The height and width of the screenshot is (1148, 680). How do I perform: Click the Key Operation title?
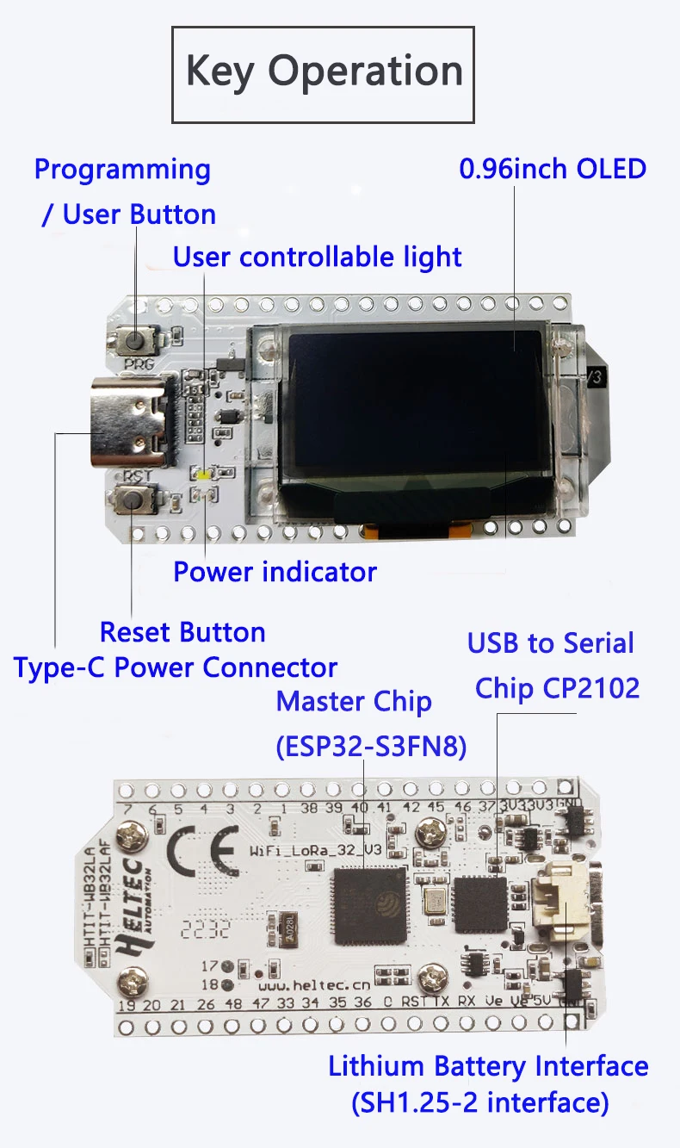[x=324, y=72]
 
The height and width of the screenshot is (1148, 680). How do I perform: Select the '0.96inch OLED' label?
[x=553, y=168]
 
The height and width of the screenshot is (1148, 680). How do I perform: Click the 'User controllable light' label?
[x=318, y=257]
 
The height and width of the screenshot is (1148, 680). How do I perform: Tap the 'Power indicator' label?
[x=275, y=572]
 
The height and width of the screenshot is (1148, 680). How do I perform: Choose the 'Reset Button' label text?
[x=182, y=632]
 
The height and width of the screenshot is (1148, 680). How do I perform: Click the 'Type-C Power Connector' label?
[x=176, y=667]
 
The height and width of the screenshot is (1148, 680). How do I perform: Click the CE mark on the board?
[x=199, y=853]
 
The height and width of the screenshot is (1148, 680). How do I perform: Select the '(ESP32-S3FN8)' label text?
[x=371, y=746]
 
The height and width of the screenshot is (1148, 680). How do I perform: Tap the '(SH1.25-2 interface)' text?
[x=479, y=1102]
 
